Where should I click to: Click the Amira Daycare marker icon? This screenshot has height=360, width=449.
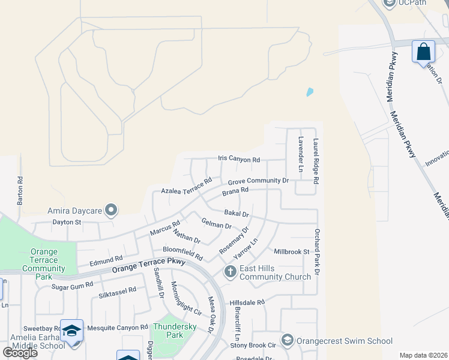[x=111, y=210]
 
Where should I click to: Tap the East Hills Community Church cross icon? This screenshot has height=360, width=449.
[x=230, y=272]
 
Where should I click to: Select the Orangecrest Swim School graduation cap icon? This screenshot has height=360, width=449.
[x=288, y=341]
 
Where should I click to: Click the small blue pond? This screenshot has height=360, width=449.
[x=310, y=92]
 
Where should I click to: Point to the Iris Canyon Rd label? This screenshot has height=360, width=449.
[x=239, y=160]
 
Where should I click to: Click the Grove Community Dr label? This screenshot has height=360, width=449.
[x=258, y=180]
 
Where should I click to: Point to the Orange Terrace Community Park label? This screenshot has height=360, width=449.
[x=43, y=260]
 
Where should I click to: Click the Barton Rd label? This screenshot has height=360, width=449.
[x=20, y=191]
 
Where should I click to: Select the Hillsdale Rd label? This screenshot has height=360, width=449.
[x=247, y=302]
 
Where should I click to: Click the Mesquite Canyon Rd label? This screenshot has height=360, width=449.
[x=118, y=327]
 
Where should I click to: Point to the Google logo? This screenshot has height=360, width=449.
[x=20, y=352]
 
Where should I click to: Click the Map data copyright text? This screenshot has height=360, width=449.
[x=423, y=355]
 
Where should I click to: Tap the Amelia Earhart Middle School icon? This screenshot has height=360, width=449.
[x=72, y=331]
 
